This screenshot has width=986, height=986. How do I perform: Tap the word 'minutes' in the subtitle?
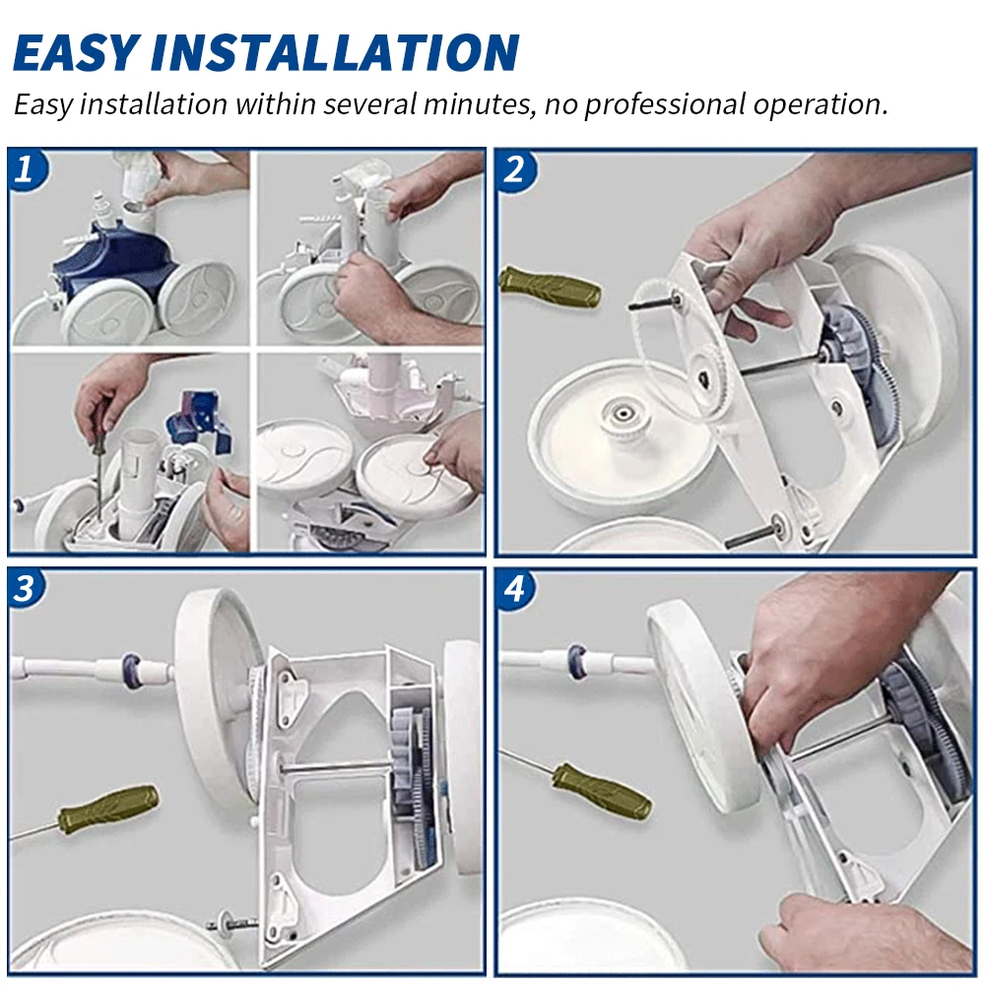(x=478, y=103)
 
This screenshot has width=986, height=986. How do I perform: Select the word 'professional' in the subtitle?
(x=664, y=105)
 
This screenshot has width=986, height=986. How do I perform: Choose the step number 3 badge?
(x=26, y=589)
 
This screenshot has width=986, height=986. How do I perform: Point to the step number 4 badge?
(x=514, y=589)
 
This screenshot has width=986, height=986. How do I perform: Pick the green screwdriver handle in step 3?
(x=108, y=809)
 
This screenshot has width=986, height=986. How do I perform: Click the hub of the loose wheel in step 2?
(x=623, y=414)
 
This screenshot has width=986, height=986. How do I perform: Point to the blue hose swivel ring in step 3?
(x=131, y=671)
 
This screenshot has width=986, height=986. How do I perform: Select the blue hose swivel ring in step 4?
(x=576, y=662)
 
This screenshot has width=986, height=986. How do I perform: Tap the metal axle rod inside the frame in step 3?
(x=338, y=766)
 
